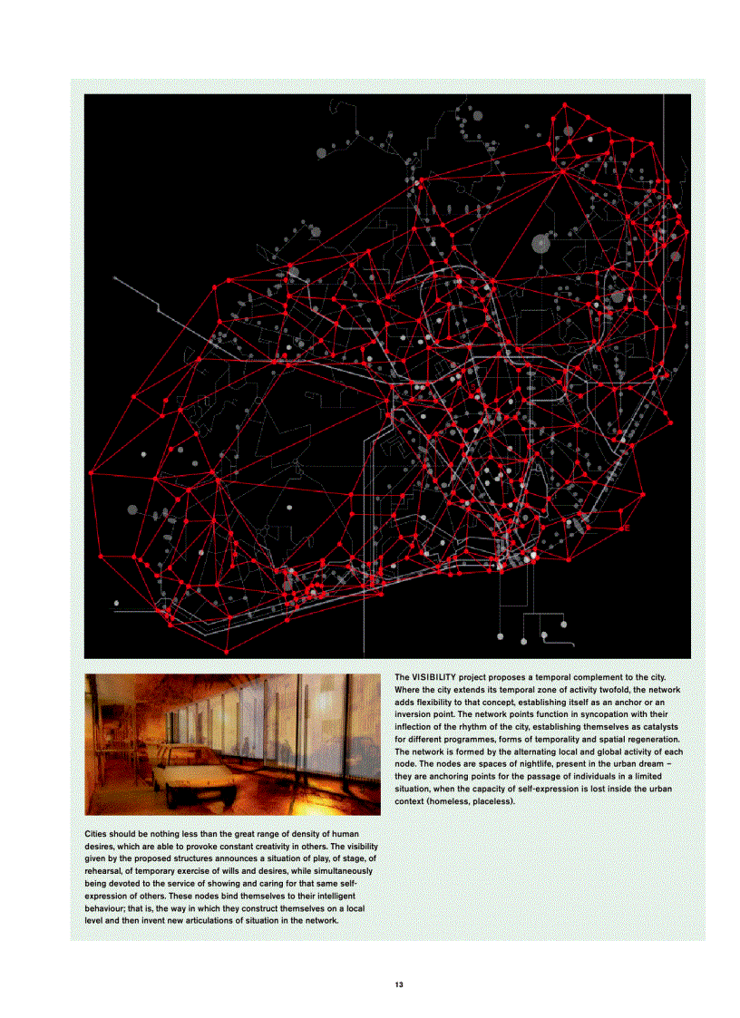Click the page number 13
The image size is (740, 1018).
[398, 984]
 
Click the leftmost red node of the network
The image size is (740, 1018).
[91, 472]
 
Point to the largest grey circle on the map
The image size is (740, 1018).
[541, 243]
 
